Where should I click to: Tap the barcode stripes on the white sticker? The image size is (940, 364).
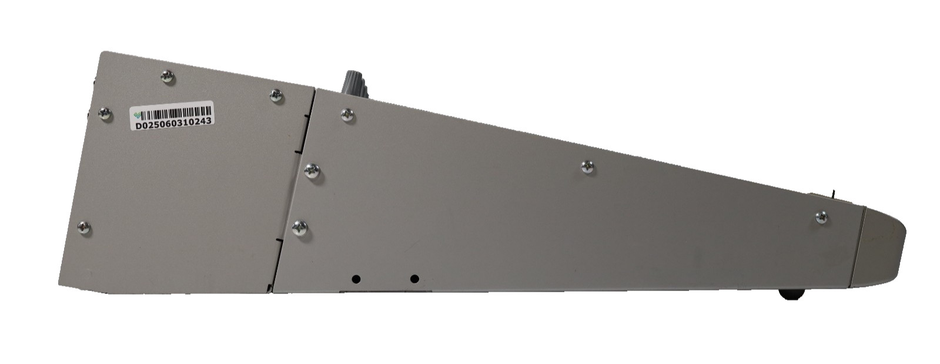[176, 113]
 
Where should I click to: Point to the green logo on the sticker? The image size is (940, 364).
[136, 115]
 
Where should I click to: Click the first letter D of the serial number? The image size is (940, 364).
[137, 125]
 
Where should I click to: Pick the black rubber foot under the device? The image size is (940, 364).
[791, 293]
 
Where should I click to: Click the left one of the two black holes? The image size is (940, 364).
[356, 279]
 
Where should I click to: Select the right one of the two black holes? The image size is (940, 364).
[414, 279]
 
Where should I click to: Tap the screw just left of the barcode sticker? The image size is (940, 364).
[105, 113]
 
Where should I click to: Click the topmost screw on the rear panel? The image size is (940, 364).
[168, 76]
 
